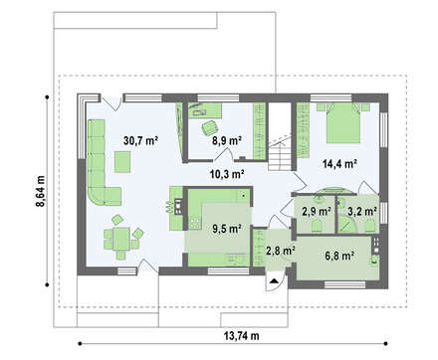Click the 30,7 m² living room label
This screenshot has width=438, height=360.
tap(140, 141)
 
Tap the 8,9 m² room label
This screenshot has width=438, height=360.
tap(227, 141)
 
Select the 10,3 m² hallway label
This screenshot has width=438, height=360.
tap(227, 173)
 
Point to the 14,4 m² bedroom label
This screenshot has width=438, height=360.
tap(339, 164)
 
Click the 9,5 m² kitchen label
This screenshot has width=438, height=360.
tap(227, 229)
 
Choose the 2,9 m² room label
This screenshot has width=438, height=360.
tap(317, 211)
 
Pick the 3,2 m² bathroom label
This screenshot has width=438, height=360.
tap(361, 211)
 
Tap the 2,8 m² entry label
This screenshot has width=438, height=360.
tap(281, 251)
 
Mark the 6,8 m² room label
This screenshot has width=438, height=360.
tap(339, 256)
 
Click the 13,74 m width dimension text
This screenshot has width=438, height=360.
tap(241, 336)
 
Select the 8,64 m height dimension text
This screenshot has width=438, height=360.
tap(41, 191)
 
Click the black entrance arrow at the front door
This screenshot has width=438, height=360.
tap(274, 281)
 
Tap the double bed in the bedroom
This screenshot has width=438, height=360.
tap(343, 122)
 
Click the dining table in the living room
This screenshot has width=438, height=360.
tap(121, 239)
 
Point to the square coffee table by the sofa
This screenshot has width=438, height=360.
tap(122, 162)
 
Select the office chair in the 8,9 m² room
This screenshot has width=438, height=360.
tap(210, 127)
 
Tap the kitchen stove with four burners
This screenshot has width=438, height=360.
tap(195, 223)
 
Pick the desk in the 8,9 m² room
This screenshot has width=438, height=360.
tap(205, 110)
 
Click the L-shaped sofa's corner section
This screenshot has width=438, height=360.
tap(97, 196)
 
